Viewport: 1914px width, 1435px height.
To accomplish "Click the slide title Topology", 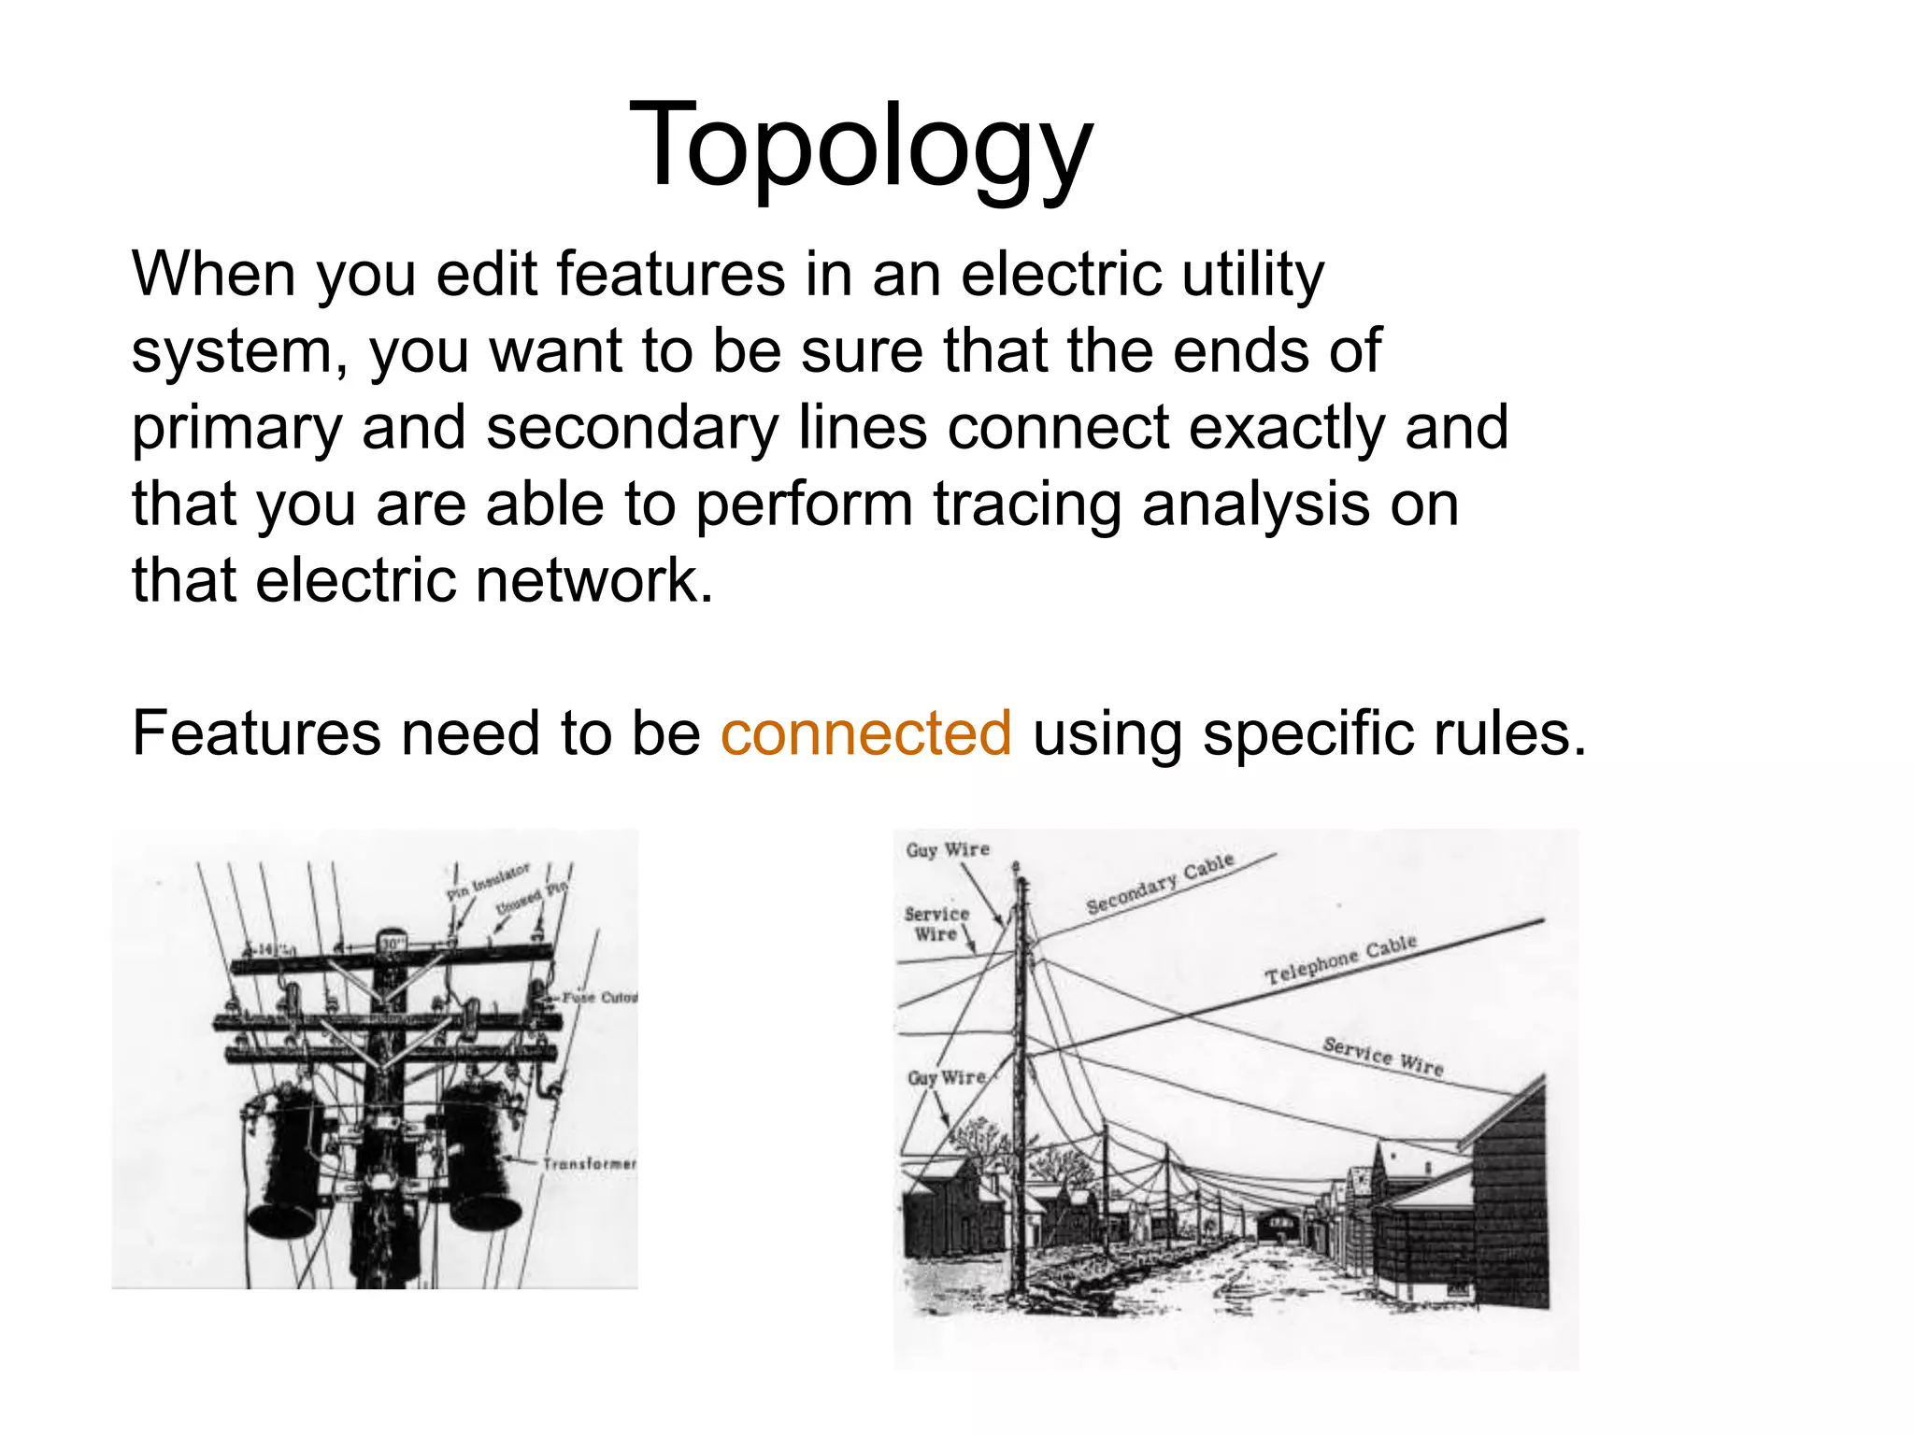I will coord(861,148).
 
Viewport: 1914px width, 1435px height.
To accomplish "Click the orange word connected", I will coord(865,732).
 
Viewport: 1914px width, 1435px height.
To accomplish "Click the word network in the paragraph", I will coord(594,581).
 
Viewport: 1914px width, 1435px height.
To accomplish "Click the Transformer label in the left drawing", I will coord(589,1164).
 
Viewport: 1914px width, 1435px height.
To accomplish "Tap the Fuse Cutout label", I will coord(599,998).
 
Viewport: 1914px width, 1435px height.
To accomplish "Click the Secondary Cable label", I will coord(1160,883).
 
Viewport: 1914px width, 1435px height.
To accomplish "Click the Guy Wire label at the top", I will coord(947,850).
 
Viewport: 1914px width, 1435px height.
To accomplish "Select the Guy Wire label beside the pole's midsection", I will coord(946,1077).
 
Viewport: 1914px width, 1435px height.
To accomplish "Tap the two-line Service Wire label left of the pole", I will coord(936,924).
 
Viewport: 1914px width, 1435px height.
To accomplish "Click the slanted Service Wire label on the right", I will coord(1383,1057).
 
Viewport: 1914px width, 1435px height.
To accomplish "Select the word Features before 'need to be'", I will coord(256,732).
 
